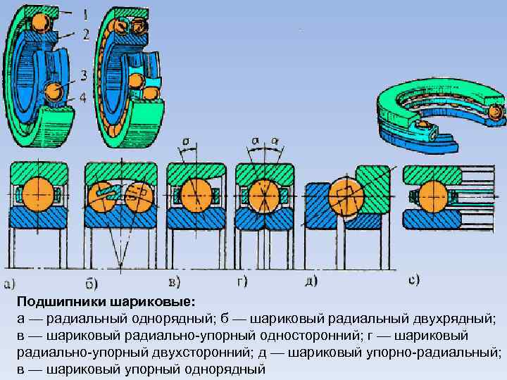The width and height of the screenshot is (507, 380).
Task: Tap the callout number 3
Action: [83, 75]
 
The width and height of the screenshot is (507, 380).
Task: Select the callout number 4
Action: [83, 98]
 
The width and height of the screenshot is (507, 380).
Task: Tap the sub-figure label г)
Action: [242, 282]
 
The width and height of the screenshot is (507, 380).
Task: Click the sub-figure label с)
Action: [414, 280]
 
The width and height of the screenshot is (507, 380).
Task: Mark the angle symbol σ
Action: [185, 141]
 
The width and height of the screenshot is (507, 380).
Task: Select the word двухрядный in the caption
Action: [458, 319]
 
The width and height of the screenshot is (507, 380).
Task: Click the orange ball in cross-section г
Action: [261, 194]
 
